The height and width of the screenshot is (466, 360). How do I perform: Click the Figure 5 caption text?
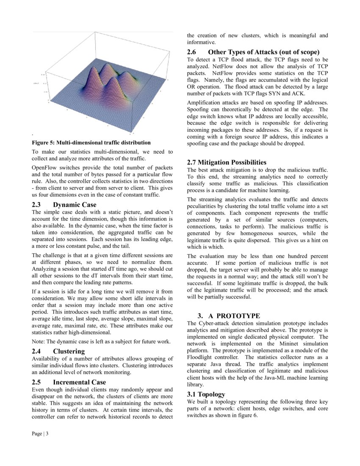click(91, 142)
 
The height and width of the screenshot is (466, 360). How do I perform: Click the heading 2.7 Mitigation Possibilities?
click(227, 162)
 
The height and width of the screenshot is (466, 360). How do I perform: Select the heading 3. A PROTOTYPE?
click(229, 316)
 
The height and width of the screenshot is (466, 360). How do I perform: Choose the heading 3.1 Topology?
click(206, 394)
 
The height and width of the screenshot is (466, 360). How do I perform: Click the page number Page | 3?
click(40, 434)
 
